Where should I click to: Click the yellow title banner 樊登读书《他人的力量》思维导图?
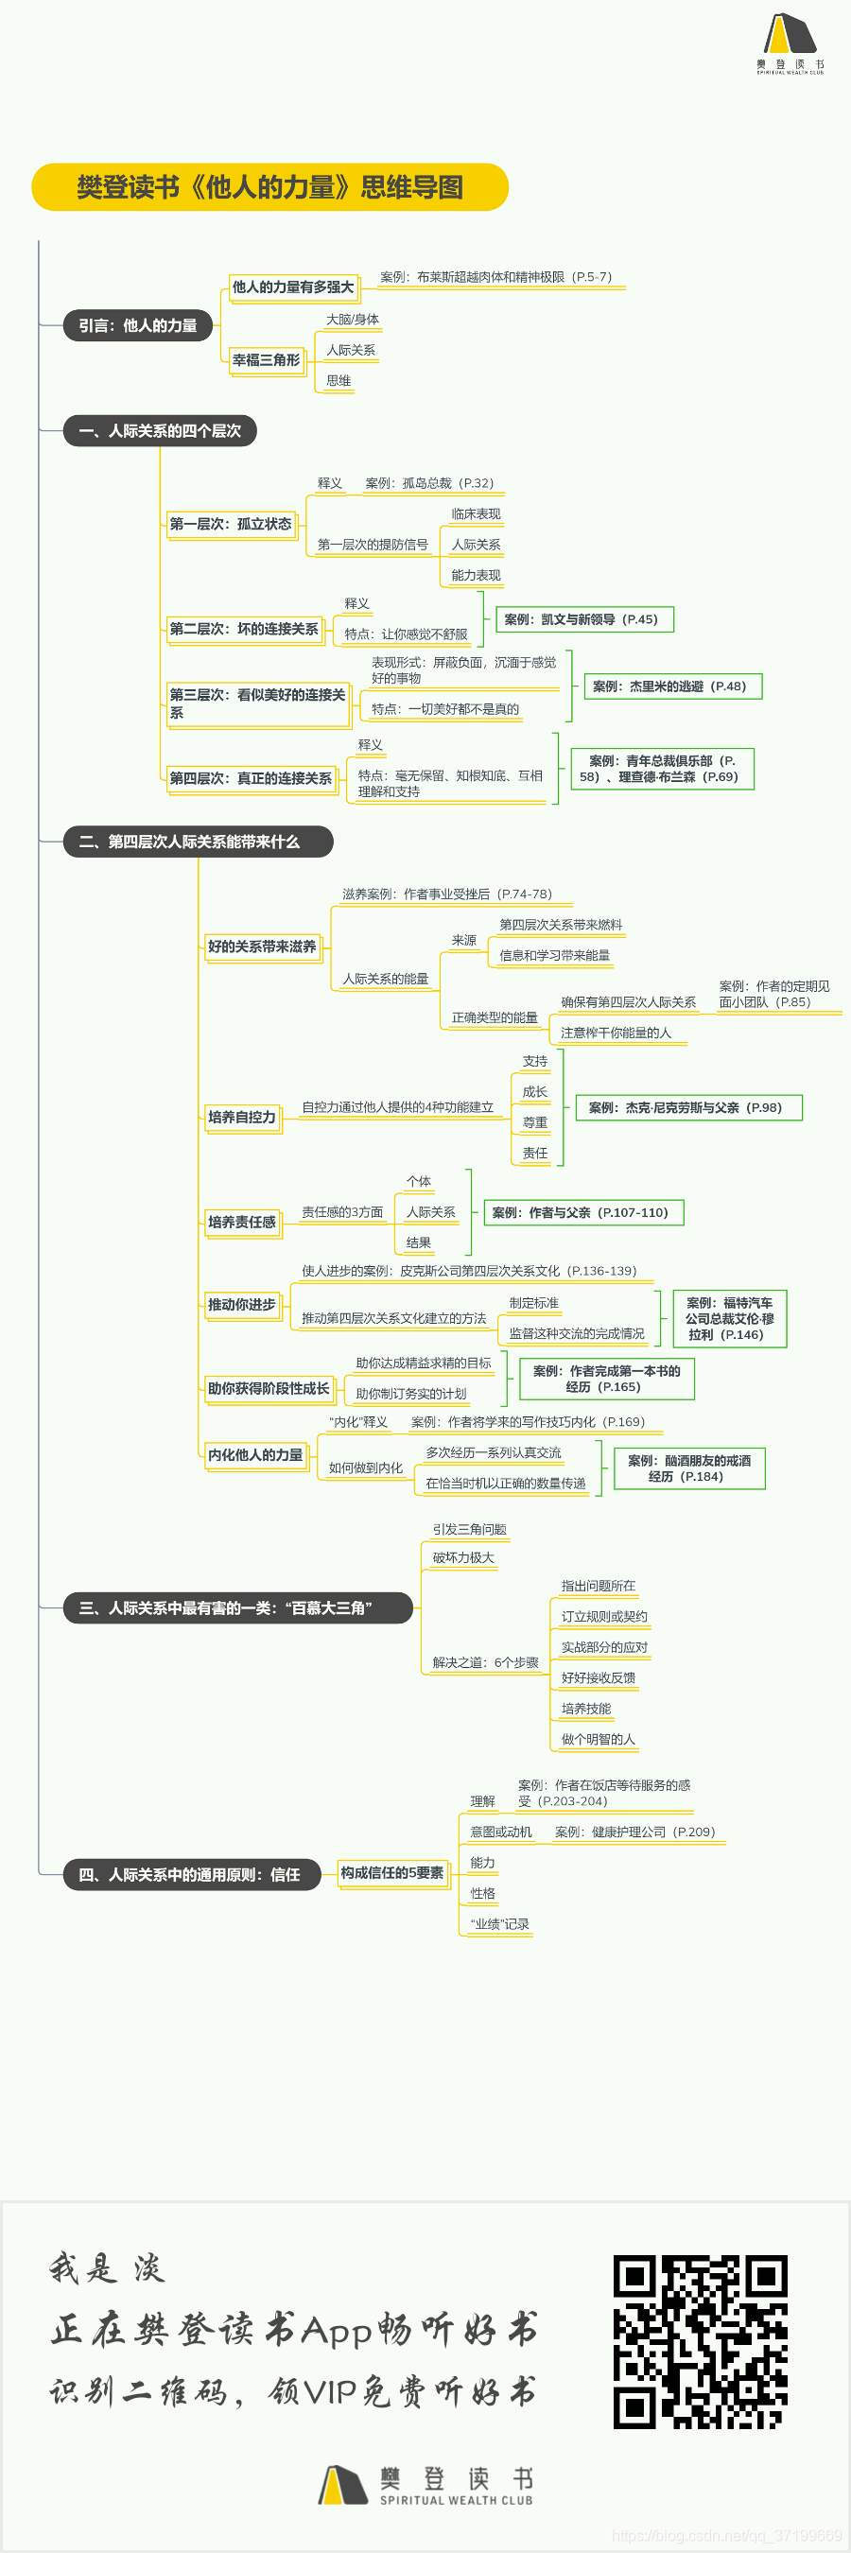pos(269,187)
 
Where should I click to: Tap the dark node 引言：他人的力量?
pos(138,325)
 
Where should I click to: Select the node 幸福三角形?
pos(266,359)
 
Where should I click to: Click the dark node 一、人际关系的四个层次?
pos(160,431)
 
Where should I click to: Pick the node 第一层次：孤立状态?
pos(231,523)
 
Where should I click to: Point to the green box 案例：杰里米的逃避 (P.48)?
pos(669,686)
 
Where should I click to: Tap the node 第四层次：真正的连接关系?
pos(251,778)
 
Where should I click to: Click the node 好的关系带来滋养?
pos(262,947)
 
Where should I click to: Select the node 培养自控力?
pos(242,1117)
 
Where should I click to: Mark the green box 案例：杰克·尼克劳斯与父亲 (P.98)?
pos(685,1107)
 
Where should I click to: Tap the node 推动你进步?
pos(242,1304)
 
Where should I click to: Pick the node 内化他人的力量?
pos(255,1455)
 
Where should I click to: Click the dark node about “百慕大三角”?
pos(236,1607)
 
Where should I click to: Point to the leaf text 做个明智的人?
pos(598,1738)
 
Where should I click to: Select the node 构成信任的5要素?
pos(392,1872)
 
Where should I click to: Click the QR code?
pos(700,2341)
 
